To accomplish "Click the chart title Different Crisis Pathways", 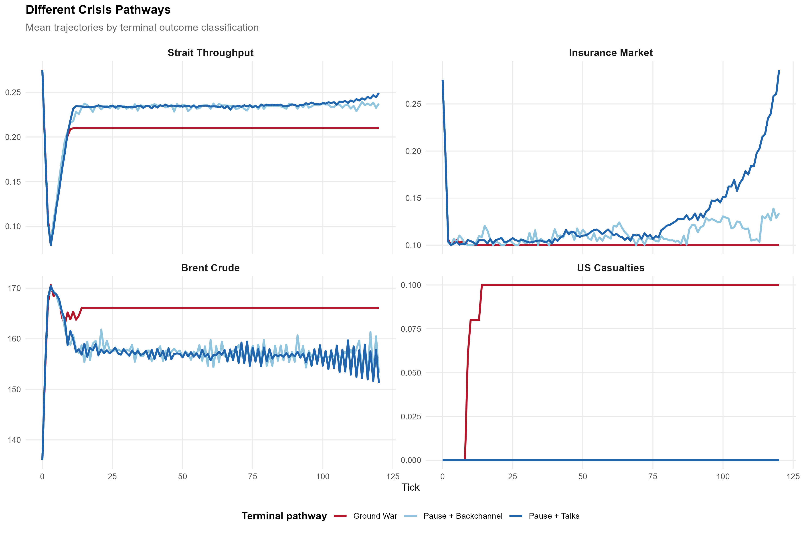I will point(98,10).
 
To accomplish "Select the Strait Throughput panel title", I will point(210,53).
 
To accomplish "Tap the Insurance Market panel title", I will point(611,53).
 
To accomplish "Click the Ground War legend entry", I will point(375,516).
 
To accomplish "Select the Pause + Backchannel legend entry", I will point(463,516).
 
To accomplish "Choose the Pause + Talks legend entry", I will point(554,516).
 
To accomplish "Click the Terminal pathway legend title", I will point(284,516).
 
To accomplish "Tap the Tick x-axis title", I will point(410,487).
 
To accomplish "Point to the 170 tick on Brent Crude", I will point(14,288).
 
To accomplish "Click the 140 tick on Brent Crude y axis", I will point(14,440).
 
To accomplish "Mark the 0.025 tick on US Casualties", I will point(411,417).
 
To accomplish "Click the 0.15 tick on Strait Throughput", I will point(13,182).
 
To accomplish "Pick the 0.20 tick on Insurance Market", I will point(413,151).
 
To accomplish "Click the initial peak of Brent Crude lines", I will point(51,285).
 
